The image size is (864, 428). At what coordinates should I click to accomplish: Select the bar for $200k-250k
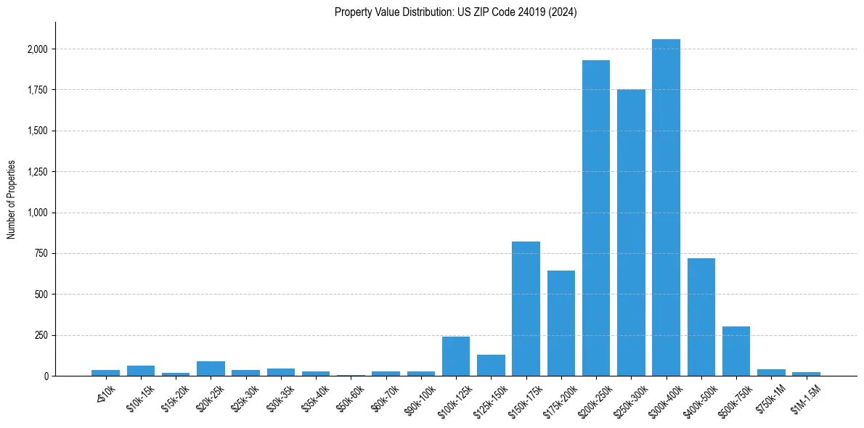pos(595,218)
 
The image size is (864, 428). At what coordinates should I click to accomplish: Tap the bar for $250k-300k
pos(631,232)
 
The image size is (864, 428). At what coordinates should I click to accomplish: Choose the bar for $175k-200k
pos(561,323)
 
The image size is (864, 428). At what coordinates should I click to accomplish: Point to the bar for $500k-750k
pos(735,351)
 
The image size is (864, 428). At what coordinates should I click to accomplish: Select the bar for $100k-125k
pos(456,356)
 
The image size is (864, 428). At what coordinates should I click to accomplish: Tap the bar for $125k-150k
pos(491,365)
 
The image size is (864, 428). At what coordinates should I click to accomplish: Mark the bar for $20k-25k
pos(211,369)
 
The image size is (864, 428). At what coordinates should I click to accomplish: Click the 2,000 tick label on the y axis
pos(38,49)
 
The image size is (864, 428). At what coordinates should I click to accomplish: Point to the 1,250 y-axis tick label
pos(38,172)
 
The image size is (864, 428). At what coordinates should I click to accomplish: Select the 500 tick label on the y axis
pos(42,295)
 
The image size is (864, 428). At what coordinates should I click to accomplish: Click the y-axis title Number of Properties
pos(12,199)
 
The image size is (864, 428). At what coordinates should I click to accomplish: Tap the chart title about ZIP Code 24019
pos(455,12)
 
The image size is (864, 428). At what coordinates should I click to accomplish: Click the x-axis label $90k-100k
pos(420,398)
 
